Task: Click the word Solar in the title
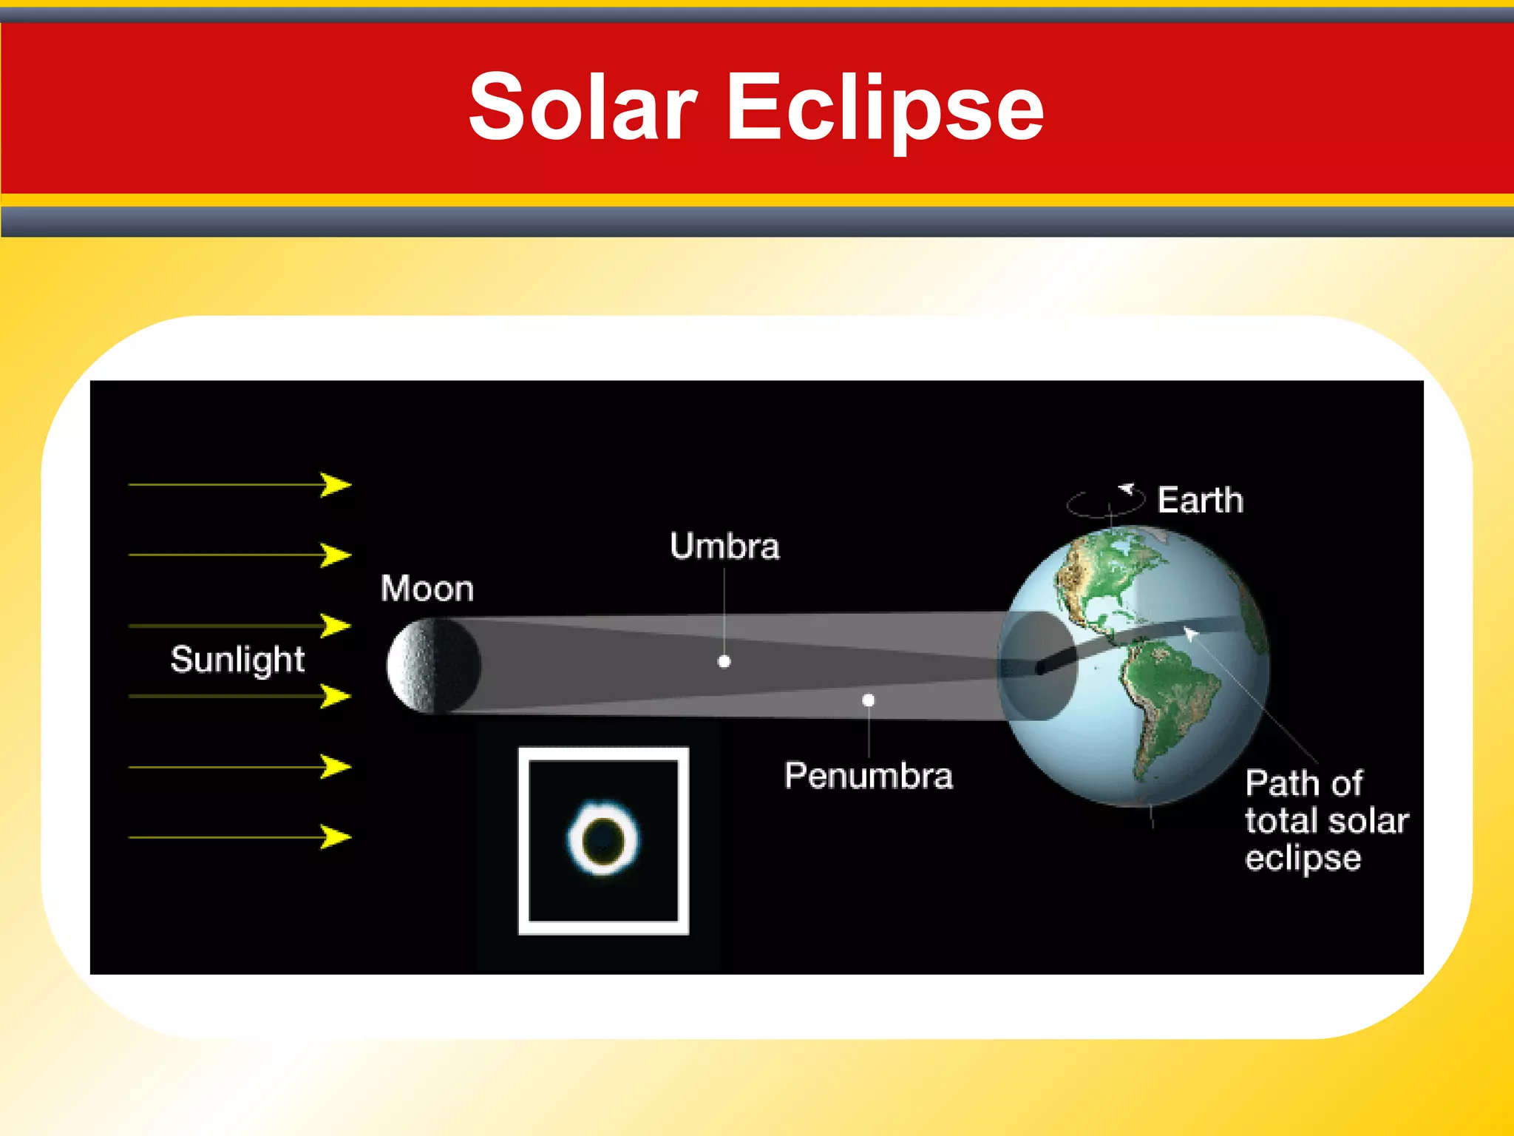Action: (583, 107)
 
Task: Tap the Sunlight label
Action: (237, 659)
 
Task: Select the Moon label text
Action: (427, 589)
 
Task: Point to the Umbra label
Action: (724, 547)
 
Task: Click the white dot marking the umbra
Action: (724, 662)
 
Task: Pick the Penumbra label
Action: (869, 776)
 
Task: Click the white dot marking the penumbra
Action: (869, 700)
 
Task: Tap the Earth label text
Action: (1201, 501)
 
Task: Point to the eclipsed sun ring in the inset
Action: (603, 839)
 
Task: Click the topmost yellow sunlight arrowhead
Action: (336, 485)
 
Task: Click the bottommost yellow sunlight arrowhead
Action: (336, 837)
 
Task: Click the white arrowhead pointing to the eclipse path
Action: (1189, 633)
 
